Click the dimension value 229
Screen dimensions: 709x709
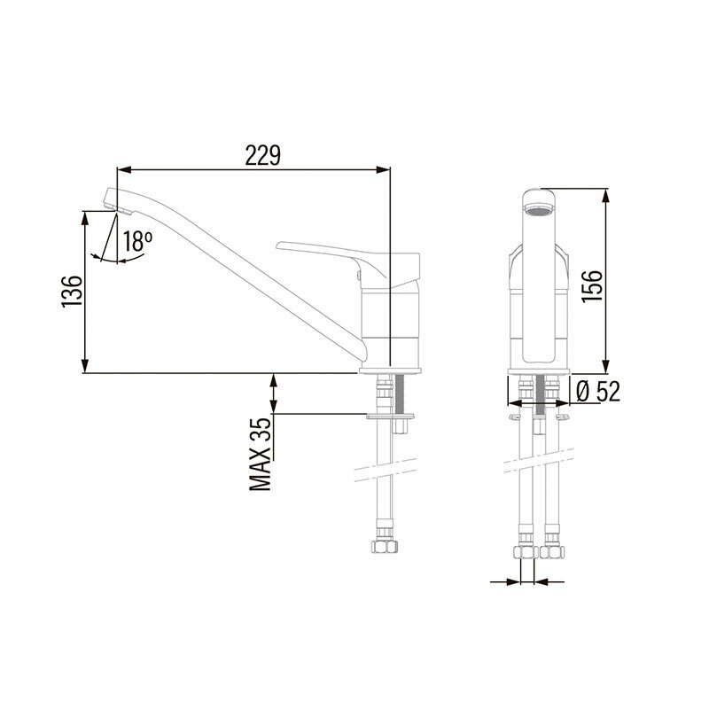(x=263, y=156)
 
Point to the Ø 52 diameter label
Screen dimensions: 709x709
(x=596, y=391)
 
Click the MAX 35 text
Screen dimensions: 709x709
(x=260, y=456)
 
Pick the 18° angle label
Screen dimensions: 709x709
(x=137, y=240)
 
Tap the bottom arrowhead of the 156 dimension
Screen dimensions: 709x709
(x=606, y=369)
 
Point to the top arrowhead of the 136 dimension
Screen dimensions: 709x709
(x=85, y=216)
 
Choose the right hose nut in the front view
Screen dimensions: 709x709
(x=553, y=552)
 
